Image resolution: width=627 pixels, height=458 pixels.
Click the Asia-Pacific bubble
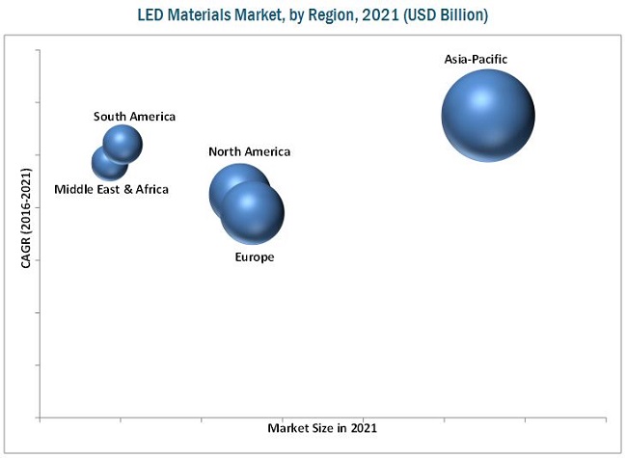(x=488, y=116)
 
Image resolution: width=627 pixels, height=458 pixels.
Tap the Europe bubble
(x=253, y=212)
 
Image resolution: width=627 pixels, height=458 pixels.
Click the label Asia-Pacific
(x=476, y=60)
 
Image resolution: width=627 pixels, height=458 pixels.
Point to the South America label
(x=134, y=117)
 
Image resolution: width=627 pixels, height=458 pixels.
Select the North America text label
(x=249, y=151)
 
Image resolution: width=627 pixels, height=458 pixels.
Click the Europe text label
(x=255, y=257)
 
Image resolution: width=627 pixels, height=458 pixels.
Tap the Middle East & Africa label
(x=111, y=189)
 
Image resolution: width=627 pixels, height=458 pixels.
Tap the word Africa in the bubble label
(x=151, y=189)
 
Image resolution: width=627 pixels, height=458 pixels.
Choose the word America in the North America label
(x=267, y=151)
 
